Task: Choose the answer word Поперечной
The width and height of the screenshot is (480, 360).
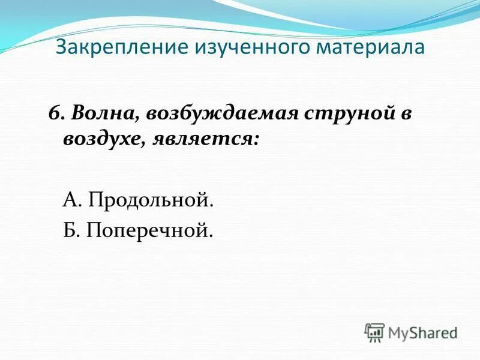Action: tap(149, 229)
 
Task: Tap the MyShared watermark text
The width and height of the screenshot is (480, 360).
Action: tap(422, 332)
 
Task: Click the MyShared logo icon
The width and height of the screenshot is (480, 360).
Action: tap(374, 332)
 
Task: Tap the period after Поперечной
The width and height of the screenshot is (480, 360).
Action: tap(211, 233)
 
